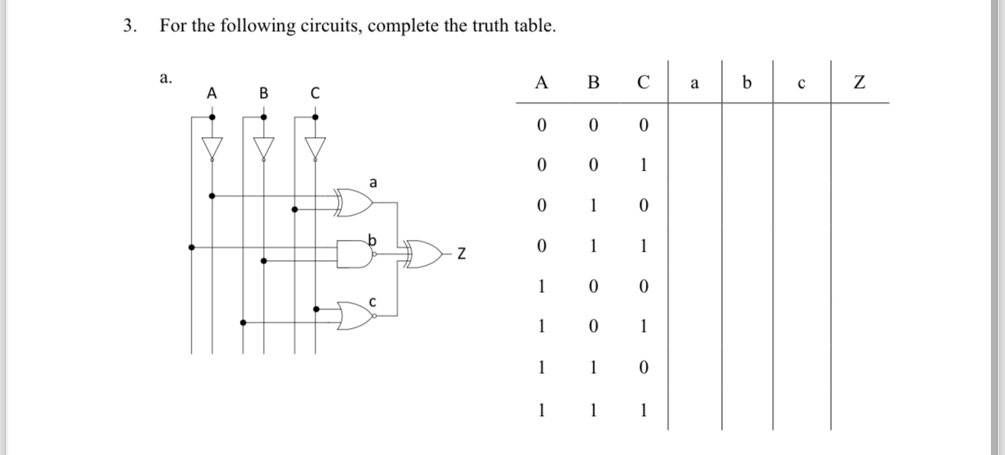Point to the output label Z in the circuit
462,253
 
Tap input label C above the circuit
315,93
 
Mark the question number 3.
129,26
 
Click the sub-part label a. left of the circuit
164,77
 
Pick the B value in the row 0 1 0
593,206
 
